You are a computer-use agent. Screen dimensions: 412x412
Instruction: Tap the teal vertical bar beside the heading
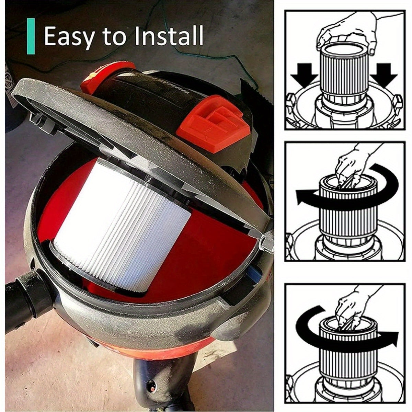coord(31,36)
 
